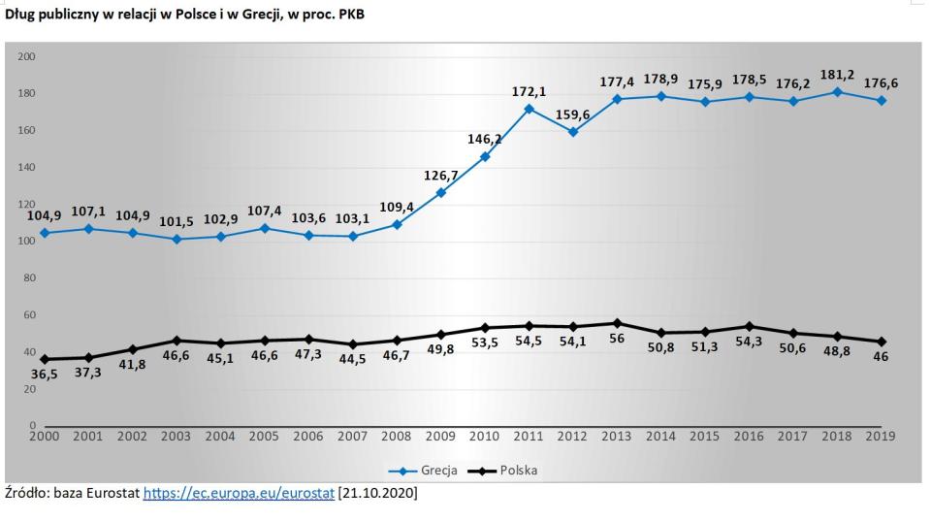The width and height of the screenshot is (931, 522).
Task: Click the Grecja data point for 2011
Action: pos(530,109)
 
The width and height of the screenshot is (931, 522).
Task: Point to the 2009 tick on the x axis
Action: pos(441,436)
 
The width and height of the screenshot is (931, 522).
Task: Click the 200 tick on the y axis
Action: pos(26,57)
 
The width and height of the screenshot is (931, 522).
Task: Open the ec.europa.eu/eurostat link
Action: pos(239,494)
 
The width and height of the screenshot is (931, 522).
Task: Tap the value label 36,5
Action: pos(44,374)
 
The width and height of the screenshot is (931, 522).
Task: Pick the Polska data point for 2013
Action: pos(617,323)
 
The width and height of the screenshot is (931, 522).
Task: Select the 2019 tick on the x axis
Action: pos(881,436)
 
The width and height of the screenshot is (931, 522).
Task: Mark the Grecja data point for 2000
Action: pos(46,233)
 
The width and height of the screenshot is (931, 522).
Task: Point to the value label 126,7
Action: pos(442,175)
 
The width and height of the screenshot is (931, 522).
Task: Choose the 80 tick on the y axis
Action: pos(29,278)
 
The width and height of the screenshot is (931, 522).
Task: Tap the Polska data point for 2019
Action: pos(881,342)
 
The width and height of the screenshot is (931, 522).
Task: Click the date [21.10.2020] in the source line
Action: pos(377,494)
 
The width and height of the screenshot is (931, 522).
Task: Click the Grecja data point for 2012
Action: pos(573,132)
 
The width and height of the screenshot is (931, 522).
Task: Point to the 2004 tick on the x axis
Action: pos(220,436)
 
